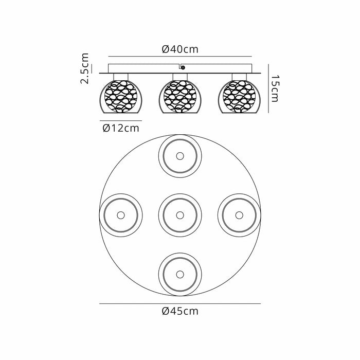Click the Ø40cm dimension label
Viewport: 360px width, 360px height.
pyautogui.click(x=179, y=49)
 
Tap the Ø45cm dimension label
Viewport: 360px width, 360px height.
pyautogui.click(x=179, y=311)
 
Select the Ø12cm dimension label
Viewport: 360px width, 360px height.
pyautogui.click(x=120, y=128)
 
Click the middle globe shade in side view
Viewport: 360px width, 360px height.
pyautogui.click(x=179, y=96)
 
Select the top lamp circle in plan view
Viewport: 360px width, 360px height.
pyautogui.click(x=179, y=156)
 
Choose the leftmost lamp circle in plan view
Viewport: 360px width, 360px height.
pyautogui.click(x=121, y=214)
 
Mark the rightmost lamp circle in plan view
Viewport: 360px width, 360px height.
pyautogui.click(x=239, y=214)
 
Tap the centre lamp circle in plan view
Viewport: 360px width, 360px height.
pyautogui.click(x=179, y=214)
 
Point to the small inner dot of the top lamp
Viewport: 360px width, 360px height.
pyautogui.click(x=179, y=156)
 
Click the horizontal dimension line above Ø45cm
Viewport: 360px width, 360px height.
pyautogui.click(x=179, y=303)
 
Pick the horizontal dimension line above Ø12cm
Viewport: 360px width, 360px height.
pyautogui.click(x=120, y=120)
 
